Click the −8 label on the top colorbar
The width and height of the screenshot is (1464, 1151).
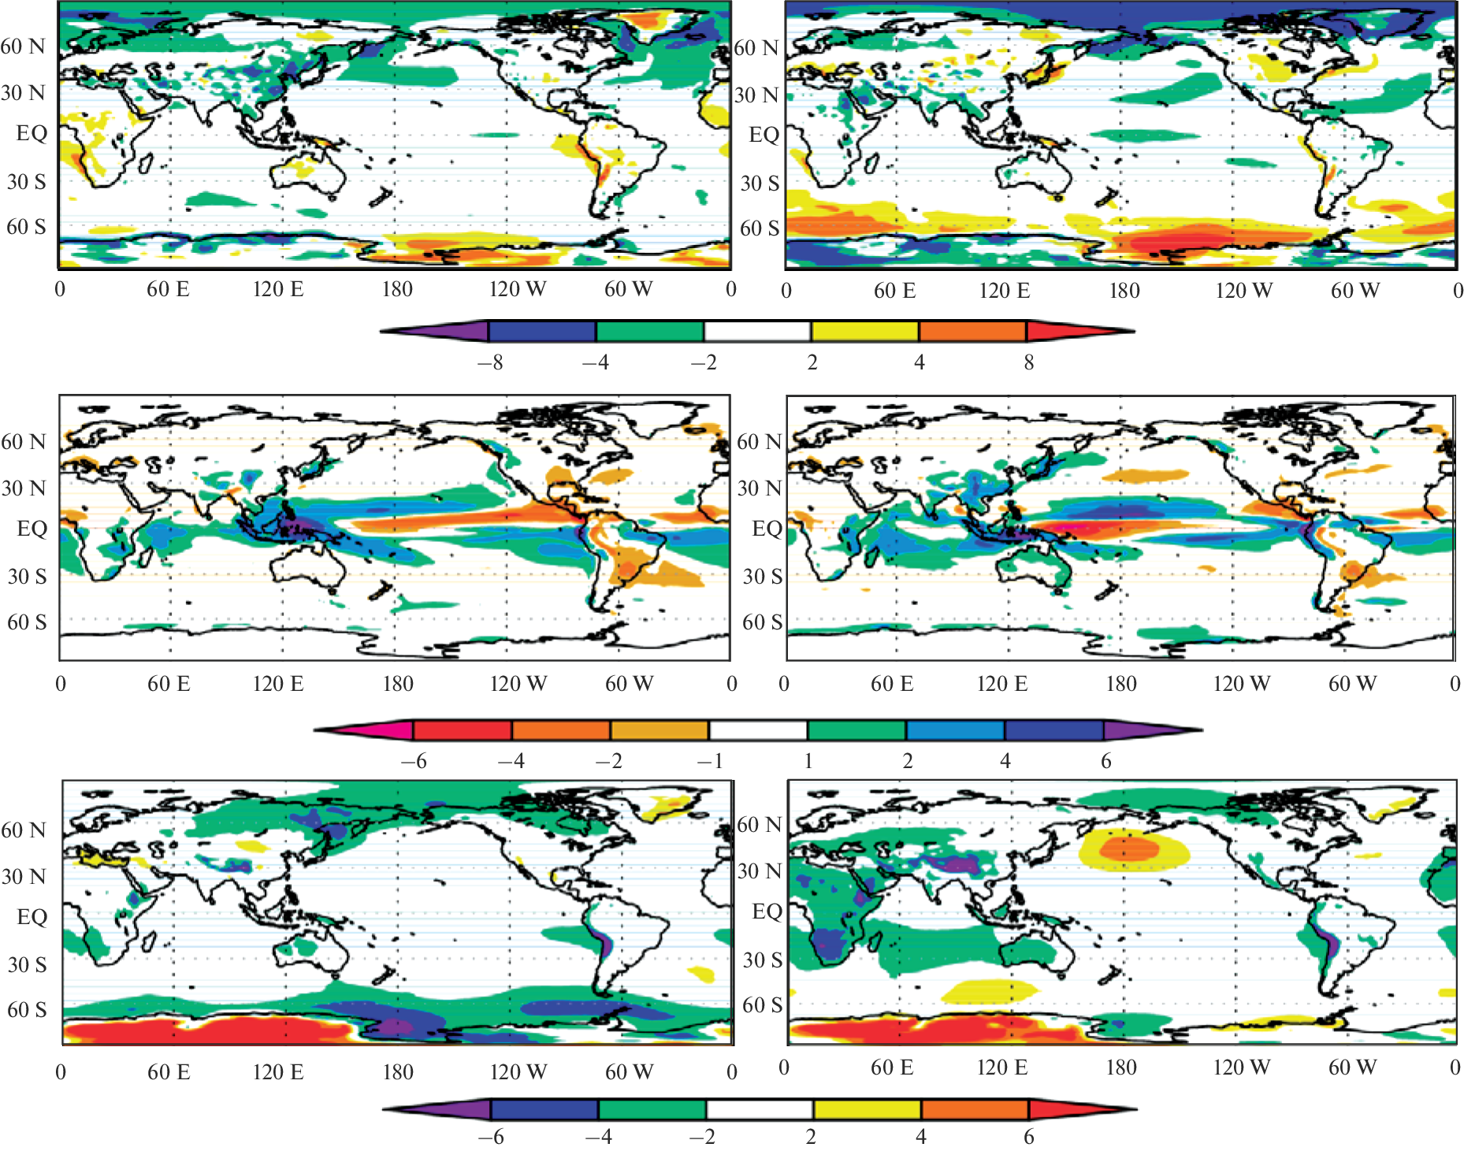[490, 362]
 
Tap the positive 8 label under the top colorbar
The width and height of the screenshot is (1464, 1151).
[1028, 362]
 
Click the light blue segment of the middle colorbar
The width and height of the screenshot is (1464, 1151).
[955, 730]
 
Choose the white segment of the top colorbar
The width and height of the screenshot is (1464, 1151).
[757, 331]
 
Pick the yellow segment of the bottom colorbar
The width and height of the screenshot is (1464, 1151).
[867, 1109]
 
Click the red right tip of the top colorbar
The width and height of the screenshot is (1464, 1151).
[1072, 331]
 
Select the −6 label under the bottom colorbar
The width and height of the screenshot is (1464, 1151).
[491, 1137]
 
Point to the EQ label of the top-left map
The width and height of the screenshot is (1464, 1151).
[32, 132]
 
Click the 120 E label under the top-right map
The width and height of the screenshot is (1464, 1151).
[1004, 291]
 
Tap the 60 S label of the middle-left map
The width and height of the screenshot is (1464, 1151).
[27, 622]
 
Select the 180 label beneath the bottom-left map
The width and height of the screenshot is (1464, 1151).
[398, 1072]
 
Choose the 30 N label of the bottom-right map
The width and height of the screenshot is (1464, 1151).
[759, 871]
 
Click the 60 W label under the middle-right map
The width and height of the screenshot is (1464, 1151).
[1352, 684]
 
